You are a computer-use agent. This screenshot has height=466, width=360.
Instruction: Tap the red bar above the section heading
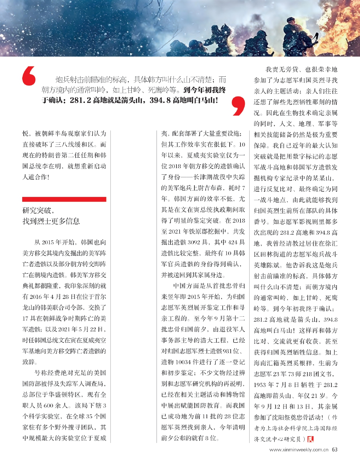[64, 199]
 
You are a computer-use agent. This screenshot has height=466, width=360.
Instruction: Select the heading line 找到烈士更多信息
[51, 221]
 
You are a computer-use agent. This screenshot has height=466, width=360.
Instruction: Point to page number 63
[334, 449]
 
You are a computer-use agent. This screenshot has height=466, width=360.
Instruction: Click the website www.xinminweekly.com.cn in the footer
[299, 450]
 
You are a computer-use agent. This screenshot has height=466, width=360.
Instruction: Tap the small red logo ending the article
[311, 439]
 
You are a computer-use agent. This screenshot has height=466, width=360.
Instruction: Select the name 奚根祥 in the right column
[302, 363]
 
